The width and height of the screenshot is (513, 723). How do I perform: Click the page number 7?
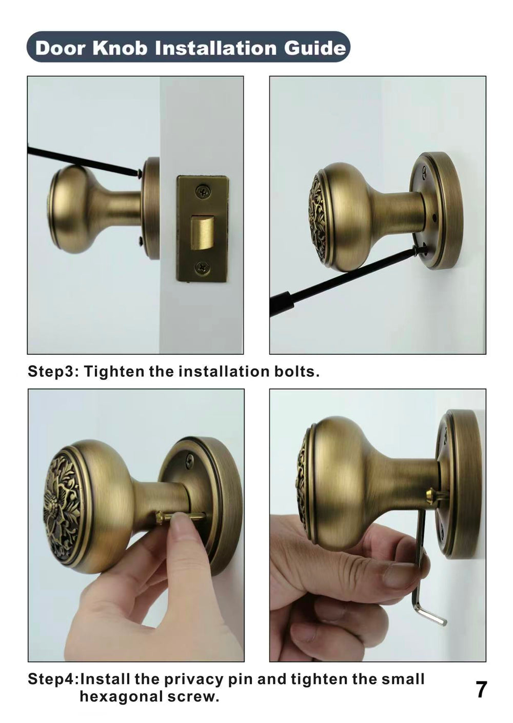(x=481, y=689)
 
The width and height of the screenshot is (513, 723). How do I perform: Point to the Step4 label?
(x=52, y=679)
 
